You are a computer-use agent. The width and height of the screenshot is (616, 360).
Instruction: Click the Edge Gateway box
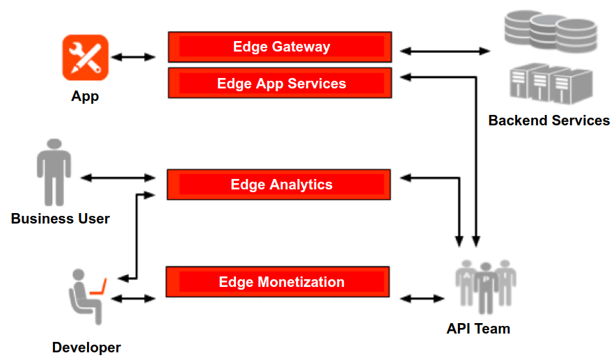tap(279, 47)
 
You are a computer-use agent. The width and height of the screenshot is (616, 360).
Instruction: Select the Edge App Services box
tap(279, 83)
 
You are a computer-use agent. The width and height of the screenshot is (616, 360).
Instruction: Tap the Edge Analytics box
tap(279, 185)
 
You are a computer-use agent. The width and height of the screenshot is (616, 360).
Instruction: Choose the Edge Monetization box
tap(278, 282)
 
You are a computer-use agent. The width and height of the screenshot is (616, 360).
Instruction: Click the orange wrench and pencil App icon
tap(85, 57)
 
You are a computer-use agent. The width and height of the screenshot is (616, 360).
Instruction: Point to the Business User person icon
tap(54, 171)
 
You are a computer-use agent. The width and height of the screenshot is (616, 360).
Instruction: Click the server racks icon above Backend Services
tap(549, 84)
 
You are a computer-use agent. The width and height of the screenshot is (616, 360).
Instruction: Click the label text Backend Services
tap(548, 120)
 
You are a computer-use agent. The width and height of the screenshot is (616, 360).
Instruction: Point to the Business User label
tap(60, 219)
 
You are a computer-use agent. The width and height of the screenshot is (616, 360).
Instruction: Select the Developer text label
tap(86, 347)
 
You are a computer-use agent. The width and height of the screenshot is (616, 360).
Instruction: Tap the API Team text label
tap(478, 329)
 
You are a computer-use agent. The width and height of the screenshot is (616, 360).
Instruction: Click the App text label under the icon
tap(85, 96)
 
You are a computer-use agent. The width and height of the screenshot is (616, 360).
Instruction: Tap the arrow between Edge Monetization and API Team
tap(422, 298)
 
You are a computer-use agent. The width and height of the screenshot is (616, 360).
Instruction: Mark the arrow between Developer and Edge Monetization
tap(134, 298)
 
